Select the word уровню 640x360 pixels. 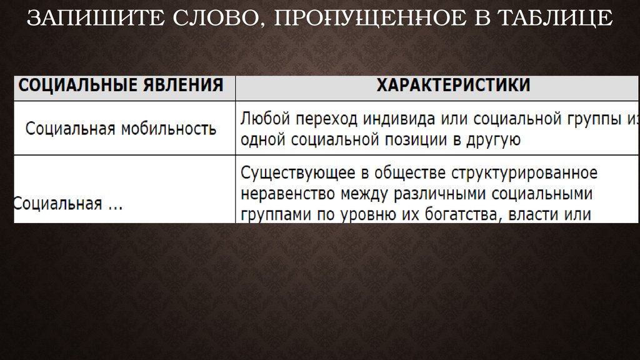tap(364, 214)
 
